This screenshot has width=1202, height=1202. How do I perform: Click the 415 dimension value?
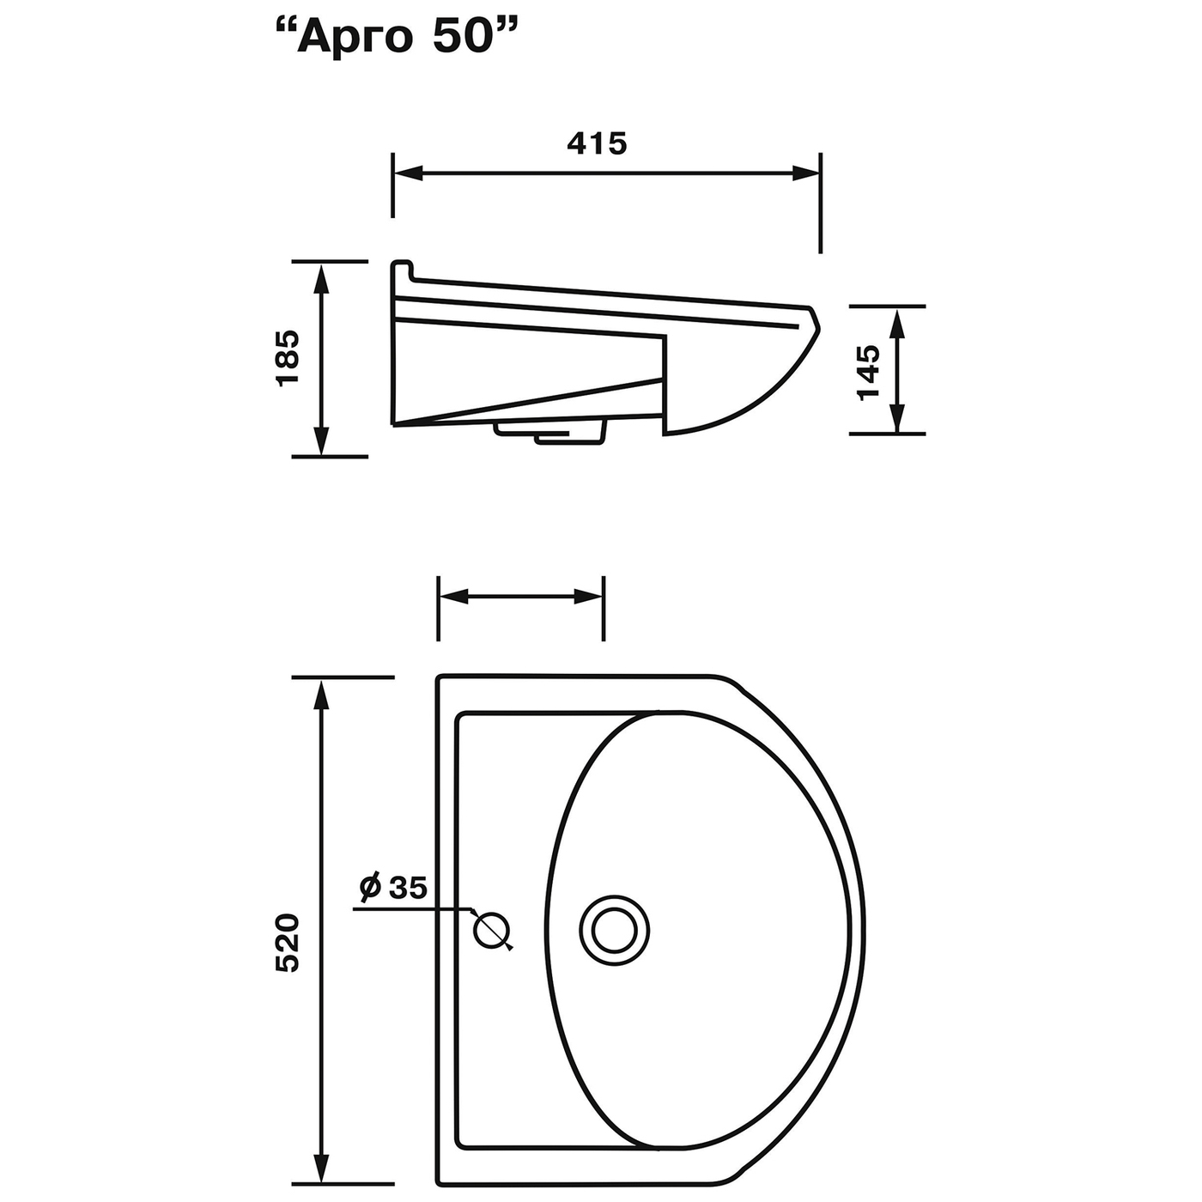click(597, 144)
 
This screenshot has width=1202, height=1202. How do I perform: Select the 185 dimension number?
click(288, 358)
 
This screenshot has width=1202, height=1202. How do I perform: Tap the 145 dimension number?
click(868, 373)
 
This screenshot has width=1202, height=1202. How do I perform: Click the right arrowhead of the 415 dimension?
click(804, 174)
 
